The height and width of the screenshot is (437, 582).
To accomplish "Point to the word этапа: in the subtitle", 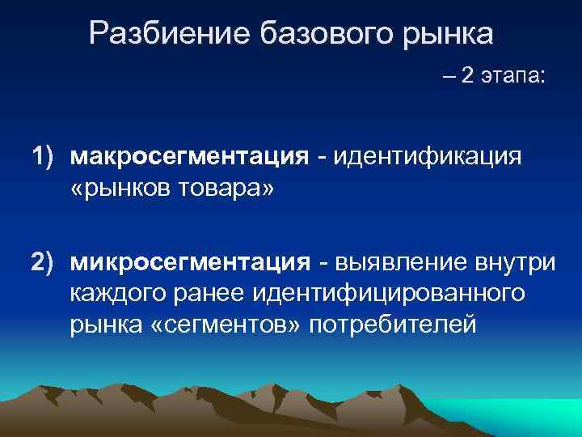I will coord(513,77).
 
